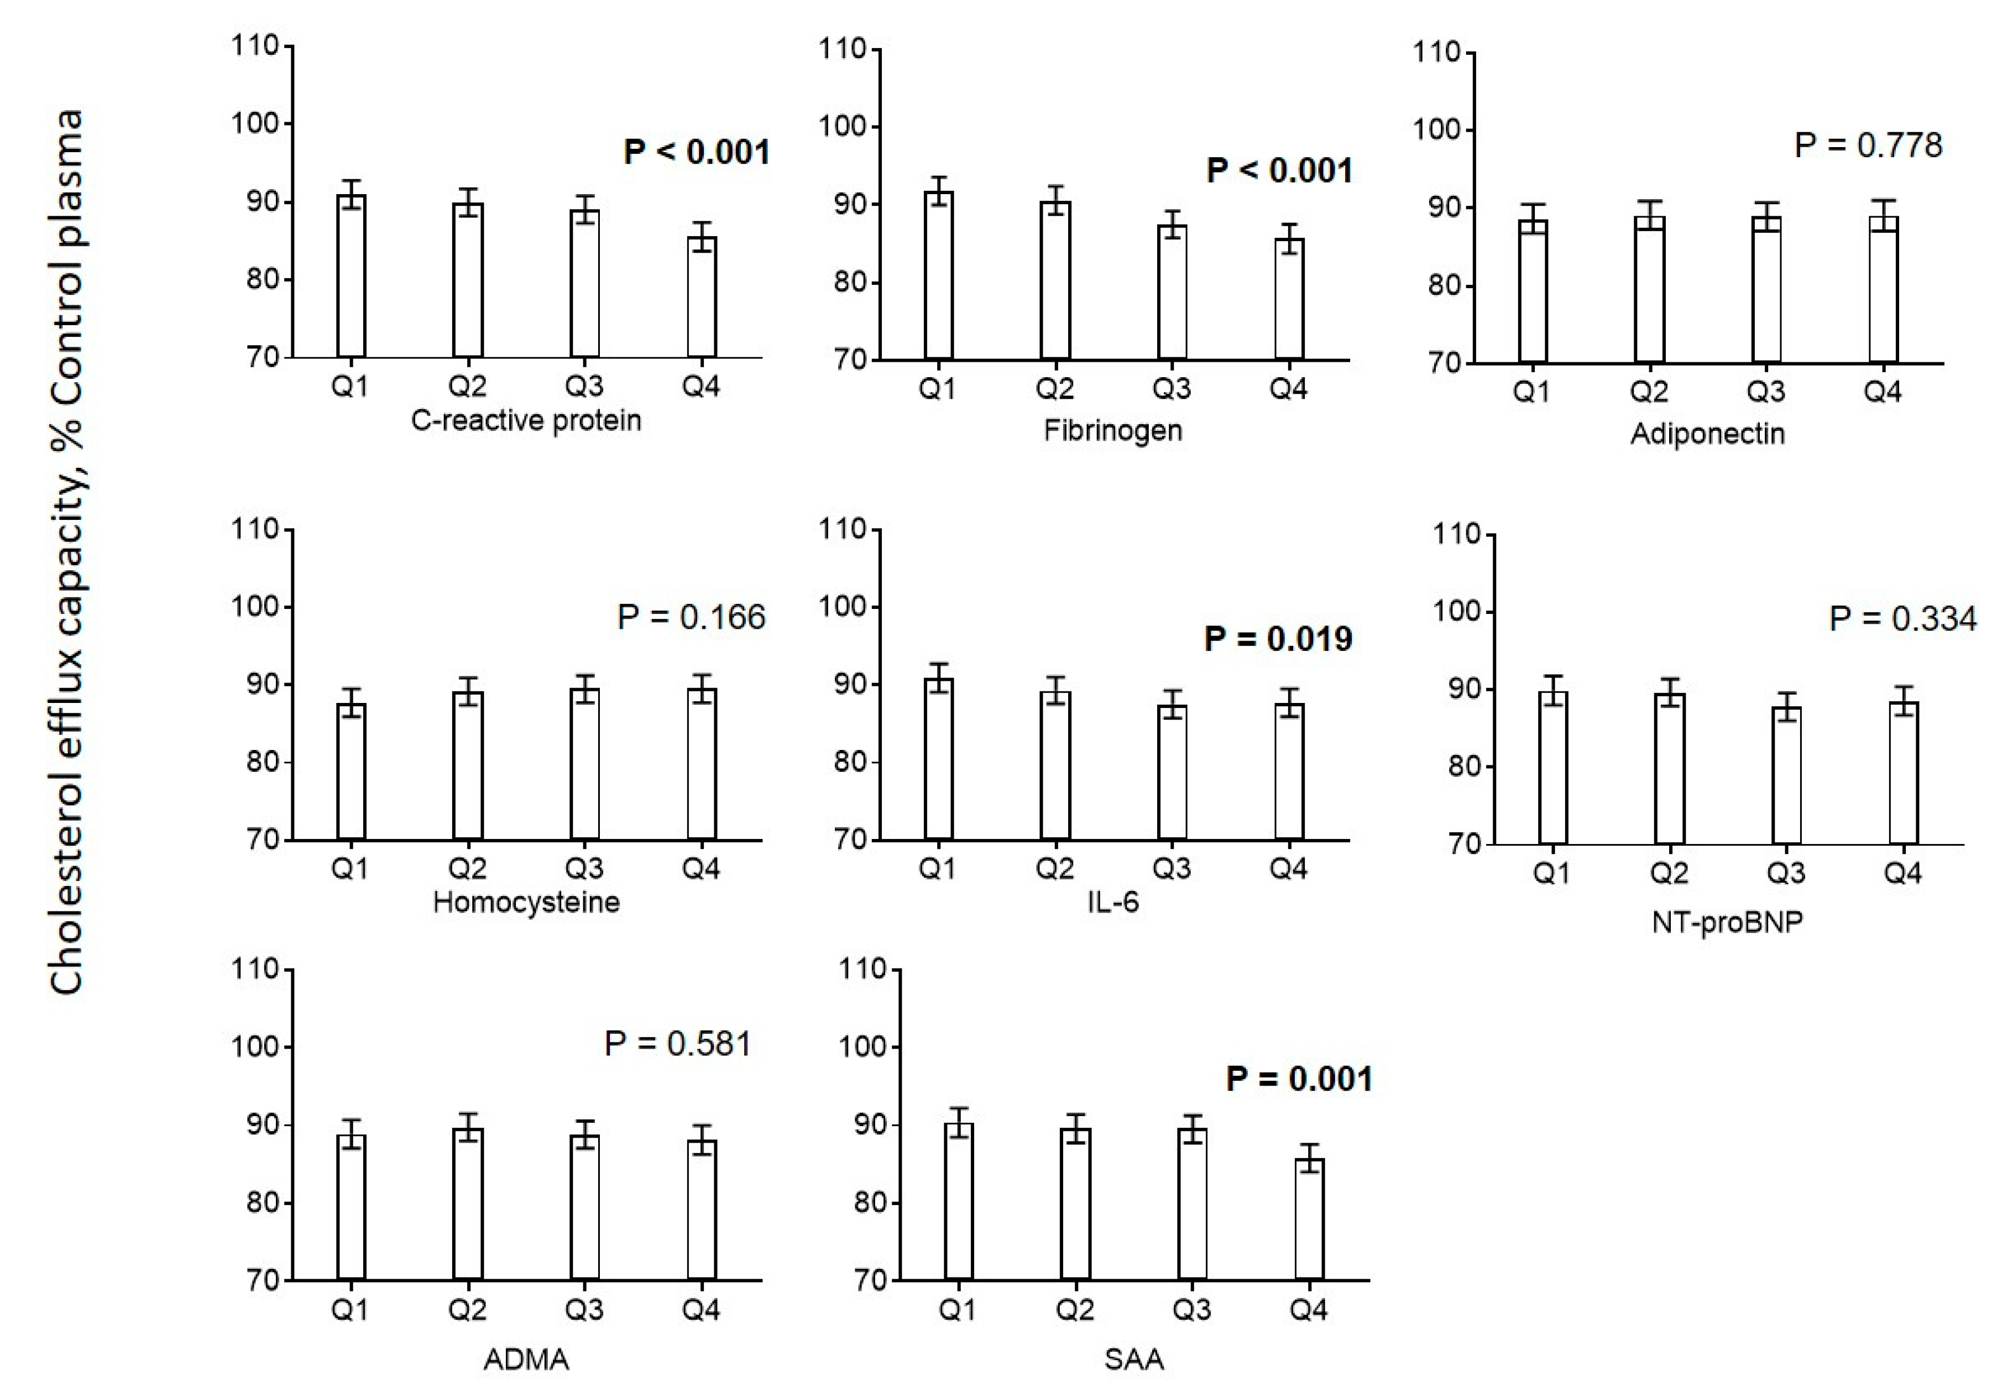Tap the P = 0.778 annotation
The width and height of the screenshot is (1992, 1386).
(x=1867, y=145)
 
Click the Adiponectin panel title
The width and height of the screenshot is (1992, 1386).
(x=1707, y=433)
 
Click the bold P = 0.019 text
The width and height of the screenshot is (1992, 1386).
(x=1278, y=639)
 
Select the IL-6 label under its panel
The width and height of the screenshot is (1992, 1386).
(x=1113, y=903)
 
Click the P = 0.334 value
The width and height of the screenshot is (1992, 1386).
(x=1902, y=619)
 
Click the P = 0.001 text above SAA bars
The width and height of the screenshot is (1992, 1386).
(x=1299, y=1079)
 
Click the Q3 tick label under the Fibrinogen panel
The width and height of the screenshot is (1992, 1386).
(x=1171, y=389)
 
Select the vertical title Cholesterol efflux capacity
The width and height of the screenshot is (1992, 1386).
(x=67, y=551)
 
